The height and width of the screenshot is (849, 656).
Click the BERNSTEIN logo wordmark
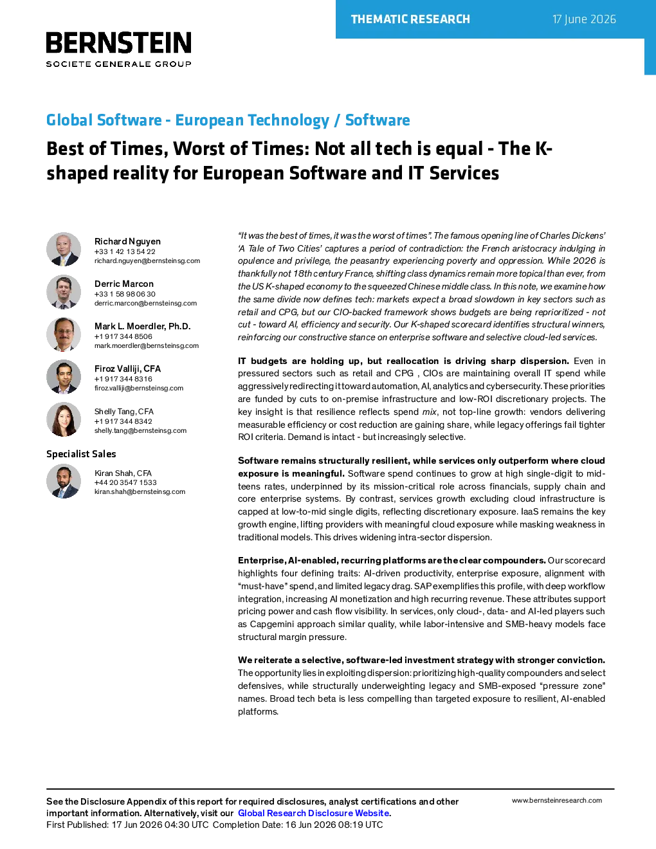click(119, 42)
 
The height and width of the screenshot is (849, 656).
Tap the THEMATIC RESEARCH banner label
click(410, 19)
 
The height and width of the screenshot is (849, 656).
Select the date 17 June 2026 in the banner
click(584, 19)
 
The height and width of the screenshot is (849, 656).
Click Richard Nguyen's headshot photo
click(64, 250)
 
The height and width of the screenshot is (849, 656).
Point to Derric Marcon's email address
click(145, 303)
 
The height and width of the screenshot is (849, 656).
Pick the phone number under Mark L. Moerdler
click(123, 336)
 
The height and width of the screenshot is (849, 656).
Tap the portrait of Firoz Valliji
click(64, 377)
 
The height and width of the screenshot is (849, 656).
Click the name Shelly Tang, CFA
click(124, 412)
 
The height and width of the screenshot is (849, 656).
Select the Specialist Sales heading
click(81, 454)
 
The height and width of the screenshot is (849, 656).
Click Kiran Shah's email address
click(140, 491)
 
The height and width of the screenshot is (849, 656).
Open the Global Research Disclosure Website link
click(314, 813)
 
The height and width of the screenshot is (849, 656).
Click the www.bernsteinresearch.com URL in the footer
click(557, 801)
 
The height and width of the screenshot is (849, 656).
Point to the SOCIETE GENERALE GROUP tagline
click(119, 64)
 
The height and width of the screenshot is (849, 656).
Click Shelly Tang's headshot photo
click(64, 419)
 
